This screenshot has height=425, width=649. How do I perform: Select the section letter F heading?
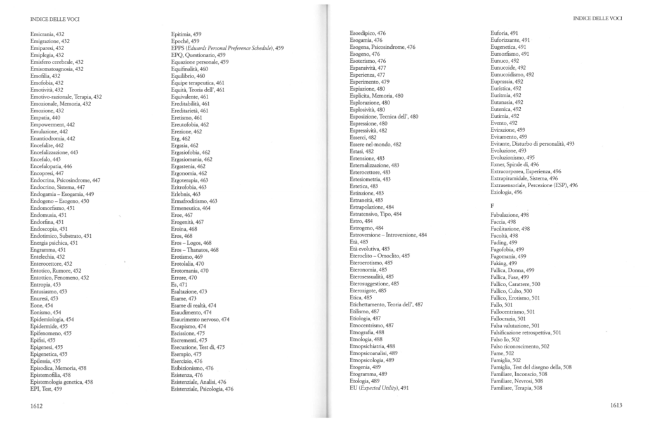click(493, 207)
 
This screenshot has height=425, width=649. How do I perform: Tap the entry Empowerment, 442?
click(53, 124)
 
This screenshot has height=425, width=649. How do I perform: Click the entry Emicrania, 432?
click(48, 34)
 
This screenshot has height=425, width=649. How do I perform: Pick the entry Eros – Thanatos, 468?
click(195, 250)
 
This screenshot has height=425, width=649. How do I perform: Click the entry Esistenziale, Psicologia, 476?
click(202, 389)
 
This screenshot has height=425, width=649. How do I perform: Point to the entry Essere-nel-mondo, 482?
click(376, 144)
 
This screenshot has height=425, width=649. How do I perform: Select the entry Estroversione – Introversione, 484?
click(388, 235)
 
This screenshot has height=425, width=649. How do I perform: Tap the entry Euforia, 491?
click(505, 32)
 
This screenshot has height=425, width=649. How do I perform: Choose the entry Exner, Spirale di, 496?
click(515, 164)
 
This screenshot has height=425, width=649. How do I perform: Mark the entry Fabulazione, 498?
click(510, 216)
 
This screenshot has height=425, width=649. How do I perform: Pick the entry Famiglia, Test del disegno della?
click(531, 367)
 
